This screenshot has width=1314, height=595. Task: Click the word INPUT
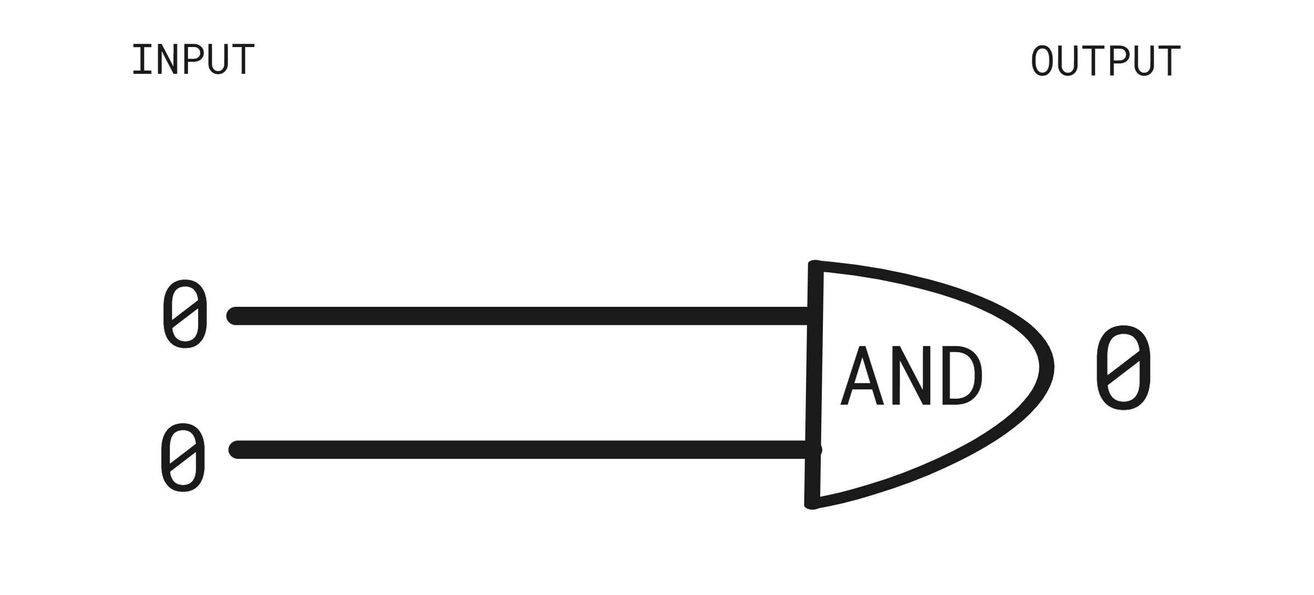193,60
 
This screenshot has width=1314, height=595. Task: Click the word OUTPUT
1105,61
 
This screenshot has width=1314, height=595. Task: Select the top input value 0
185,313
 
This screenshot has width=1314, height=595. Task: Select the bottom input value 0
183,457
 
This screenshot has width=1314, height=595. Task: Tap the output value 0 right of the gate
1123,367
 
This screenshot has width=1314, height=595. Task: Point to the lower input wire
525,450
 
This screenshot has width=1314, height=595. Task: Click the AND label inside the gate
911,376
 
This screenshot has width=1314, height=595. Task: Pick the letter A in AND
862,376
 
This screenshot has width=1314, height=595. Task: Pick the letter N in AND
912,376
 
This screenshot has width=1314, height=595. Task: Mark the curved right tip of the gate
1047,367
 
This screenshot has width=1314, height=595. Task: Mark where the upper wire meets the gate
814,316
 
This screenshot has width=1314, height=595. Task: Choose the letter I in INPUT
141,60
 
